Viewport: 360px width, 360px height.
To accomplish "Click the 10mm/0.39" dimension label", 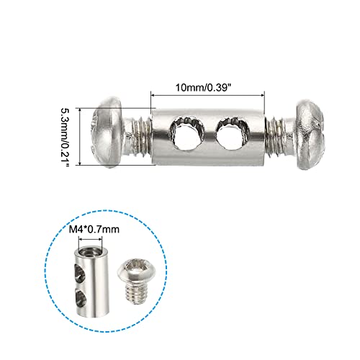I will (208, 84).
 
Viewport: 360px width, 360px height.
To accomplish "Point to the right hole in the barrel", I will (230, 133).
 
